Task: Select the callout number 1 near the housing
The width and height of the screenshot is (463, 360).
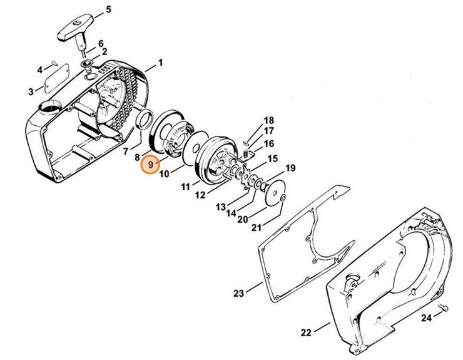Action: coord(160,63)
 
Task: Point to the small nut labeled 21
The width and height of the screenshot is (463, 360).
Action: coord(283,198)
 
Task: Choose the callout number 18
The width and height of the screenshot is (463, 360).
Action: coord(251,120)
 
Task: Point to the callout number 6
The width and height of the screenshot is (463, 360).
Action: coord(101,43)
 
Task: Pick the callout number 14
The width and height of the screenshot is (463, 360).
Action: coord(232,213)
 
